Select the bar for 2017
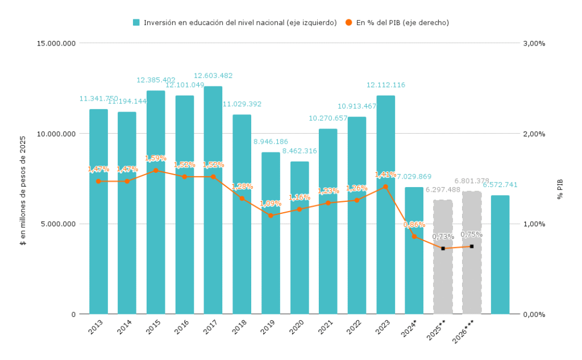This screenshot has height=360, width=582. pyautogui.click(x=213, y=227)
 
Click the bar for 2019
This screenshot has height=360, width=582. pyautogui.click(x=271, y=256)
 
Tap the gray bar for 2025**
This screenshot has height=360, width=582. pyautogui.click(x=443, y=273)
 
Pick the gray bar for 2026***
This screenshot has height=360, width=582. pyautogui.click(x=472, y=273)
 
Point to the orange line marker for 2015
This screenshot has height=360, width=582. pyautogui.click(x=156, y=171)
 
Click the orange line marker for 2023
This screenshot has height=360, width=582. pyautogui.click(x=385, y=187)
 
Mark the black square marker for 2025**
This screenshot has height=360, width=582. pyautogui.click(x=443, y=249)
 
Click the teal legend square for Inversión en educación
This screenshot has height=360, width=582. pyautogui.click(x=136, y=23)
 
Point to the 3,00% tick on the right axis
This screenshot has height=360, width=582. pyautogui.click(x=534, y=43)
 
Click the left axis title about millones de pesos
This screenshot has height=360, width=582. pyautogui.click(x=23, y=191)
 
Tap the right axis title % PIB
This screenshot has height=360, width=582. pyautogui.click(x=560, y=189)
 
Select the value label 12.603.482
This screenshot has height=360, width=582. pyautogui.click(x=213, y=76)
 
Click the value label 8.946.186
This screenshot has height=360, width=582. pyautogui.click(x=271, y=142)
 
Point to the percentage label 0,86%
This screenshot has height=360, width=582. pyautogui.click(x=414, y=225)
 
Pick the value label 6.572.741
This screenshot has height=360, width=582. pyautogui.click(x=500, y=185)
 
